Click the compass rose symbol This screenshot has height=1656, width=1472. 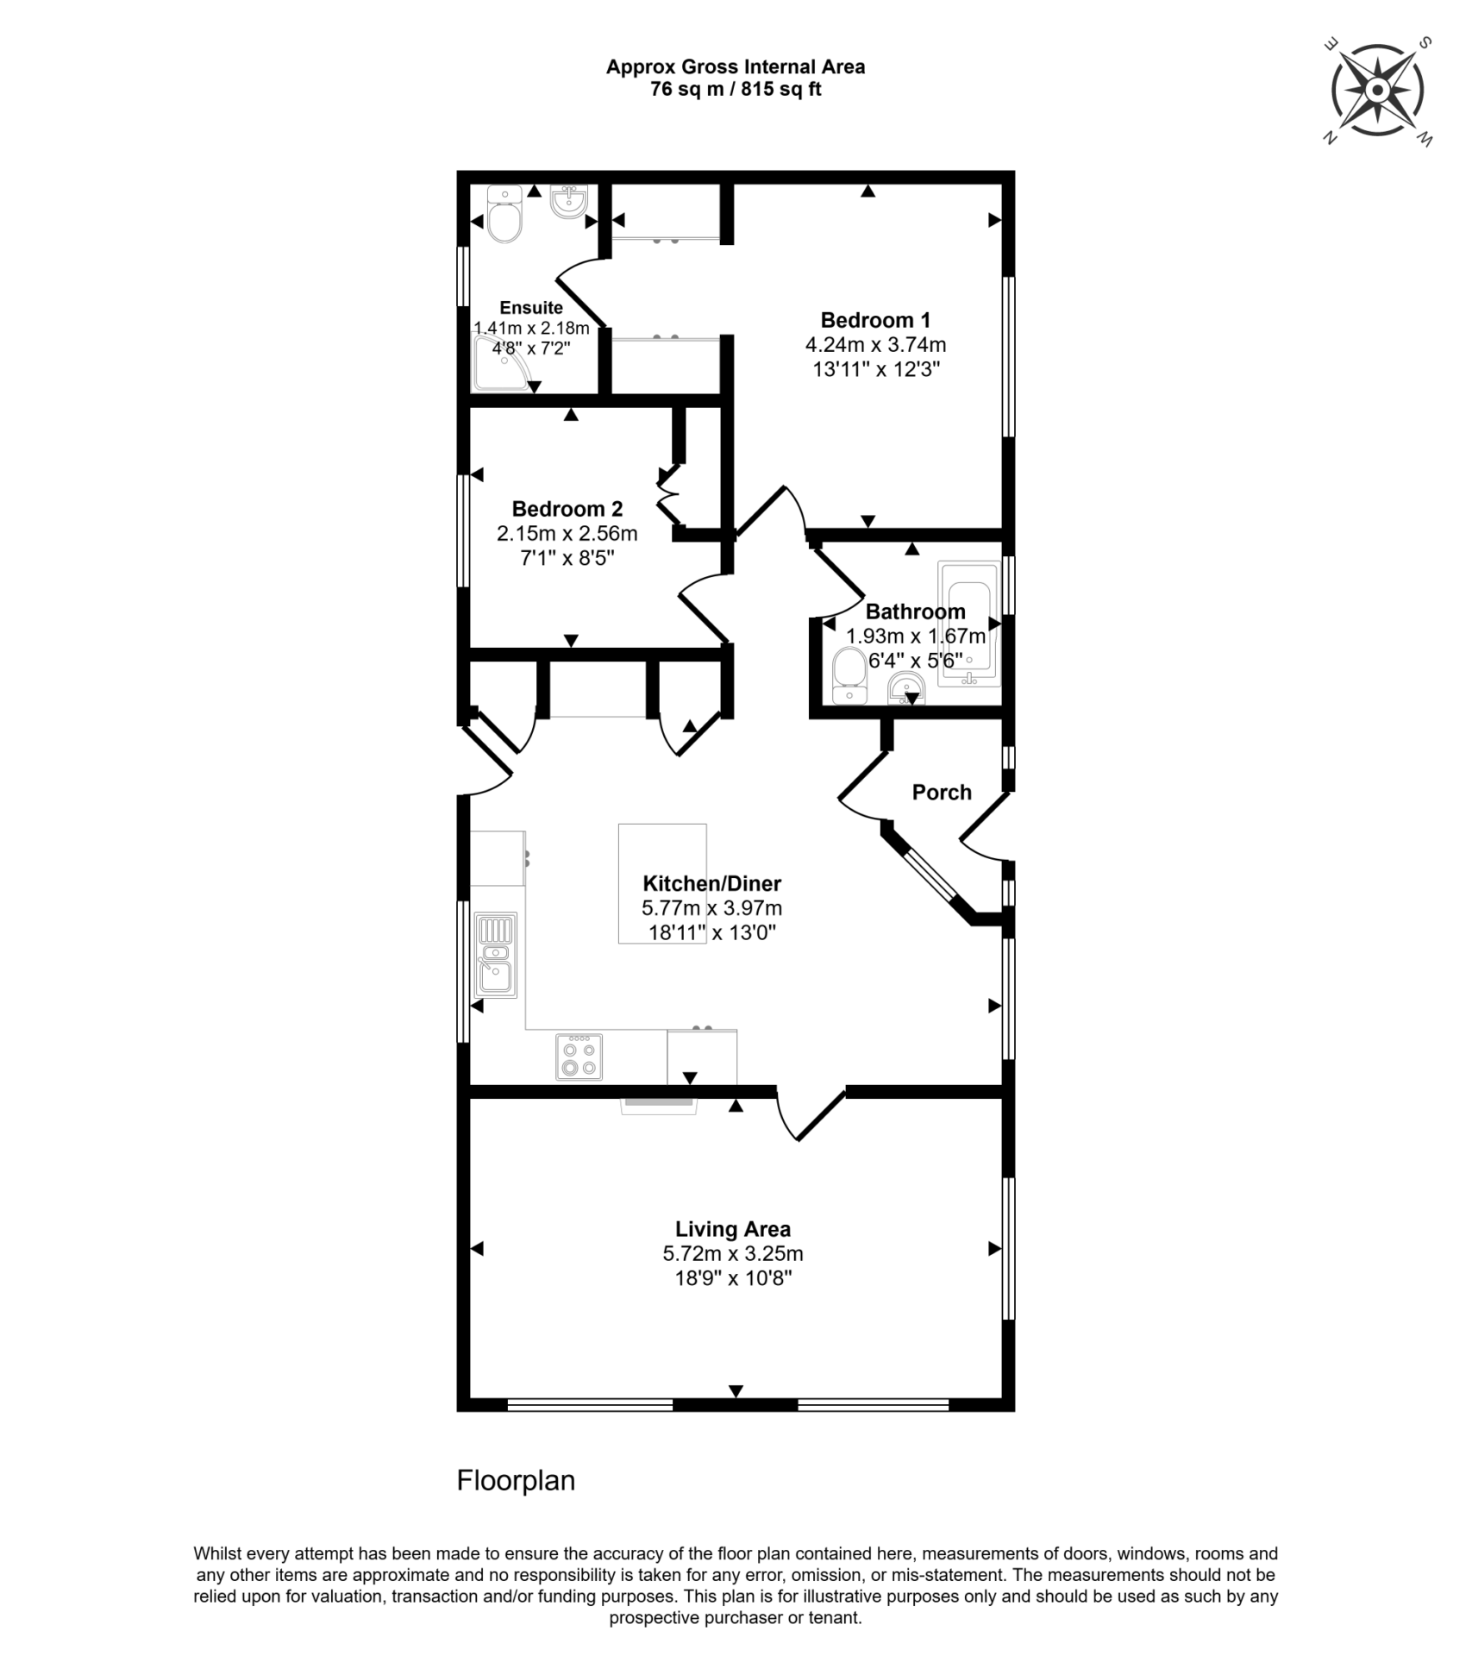point(1377,91)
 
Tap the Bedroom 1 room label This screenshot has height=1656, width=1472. point(875,321)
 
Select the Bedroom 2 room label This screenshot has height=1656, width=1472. point(567,509)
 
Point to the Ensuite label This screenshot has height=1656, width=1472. point(531,308)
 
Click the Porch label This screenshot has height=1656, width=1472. point(942,792)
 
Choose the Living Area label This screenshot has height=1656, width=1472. point(733,1229)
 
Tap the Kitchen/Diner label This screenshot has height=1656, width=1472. point(712,883)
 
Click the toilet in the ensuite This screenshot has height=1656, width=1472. point(504,215)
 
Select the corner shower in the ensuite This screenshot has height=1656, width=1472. point(502,363)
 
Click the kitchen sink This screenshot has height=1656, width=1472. point(496,955)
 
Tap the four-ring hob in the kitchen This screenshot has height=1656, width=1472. point(579,1057)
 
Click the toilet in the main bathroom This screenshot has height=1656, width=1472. point(850,677)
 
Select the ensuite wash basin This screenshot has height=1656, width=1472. point(568,202)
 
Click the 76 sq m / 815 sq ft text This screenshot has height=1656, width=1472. point(736,89)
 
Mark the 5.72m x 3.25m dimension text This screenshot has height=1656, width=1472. point(733,1253)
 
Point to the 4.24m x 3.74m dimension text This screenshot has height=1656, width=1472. point(875,345)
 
